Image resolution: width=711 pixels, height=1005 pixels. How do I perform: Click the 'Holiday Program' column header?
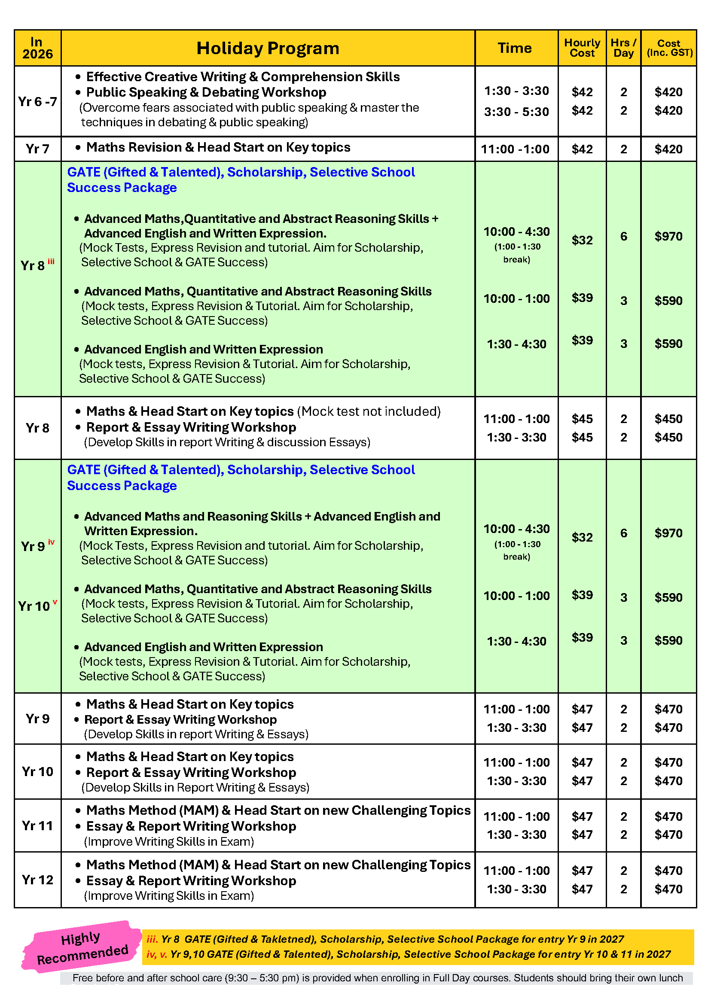tap(268, 48)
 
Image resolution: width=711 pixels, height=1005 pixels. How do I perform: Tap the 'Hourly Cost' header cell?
tap(582, 48)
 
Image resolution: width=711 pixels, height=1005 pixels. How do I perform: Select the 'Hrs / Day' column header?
tap(623, 48)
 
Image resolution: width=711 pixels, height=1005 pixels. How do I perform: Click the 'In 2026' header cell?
tap(38, 48)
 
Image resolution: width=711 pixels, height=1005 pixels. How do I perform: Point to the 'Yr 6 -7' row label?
tap(38, 101)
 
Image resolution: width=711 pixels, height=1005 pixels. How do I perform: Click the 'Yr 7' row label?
tap(38, 149)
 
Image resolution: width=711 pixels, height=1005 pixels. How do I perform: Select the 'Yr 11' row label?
tap(38, 825)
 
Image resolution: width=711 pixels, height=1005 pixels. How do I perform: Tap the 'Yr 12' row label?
tap(38, 880)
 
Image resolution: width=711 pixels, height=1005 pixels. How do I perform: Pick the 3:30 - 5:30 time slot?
tap(516, 112)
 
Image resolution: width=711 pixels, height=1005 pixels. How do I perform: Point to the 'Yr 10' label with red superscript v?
tap(35, 606)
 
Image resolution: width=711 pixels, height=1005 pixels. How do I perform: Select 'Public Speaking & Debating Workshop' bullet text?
tap(206, 92)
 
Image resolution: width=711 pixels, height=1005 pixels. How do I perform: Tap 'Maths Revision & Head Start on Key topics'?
tap(218, 147)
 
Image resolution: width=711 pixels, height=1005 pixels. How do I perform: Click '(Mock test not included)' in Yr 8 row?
tap(369, 411)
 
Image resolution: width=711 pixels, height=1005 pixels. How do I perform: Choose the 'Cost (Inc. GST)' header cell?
tap(669, 48)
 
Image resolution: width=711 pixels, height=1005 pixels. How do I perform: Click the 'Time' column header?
tap(515, 48)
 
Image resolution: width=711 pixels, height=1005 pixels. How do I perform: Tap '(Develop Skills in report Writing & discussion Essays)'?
tap(227, 442)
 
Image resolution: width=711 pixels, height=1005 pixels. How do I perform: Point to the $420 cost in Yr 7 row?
tap(668, 149)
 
